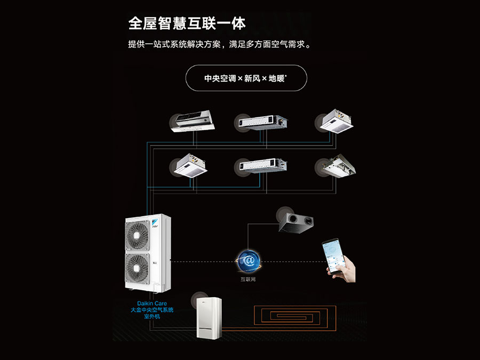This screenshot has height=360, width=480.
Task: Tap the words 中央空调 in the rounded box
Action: point(220,78)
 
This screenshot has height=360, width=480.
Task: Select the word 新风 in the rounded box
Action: point(252,78)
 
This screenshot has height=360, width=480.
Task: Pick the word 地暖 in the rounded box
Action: point(277,78)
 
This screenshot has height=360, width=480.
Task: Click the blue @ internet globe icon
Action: point(248,260)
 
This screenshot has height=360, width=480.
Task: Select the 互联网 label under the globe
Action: point(248,279)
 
